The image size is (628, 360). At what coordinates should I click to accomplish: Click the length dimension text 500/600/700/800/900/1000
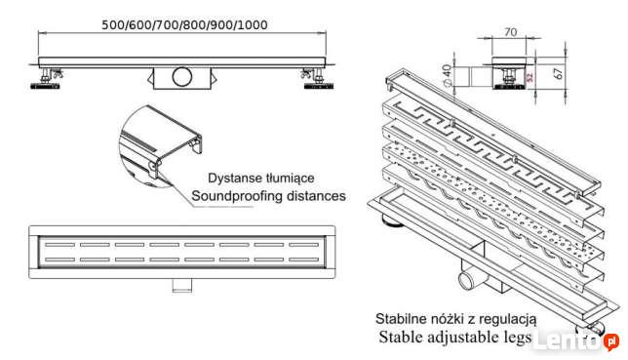pos(184,25)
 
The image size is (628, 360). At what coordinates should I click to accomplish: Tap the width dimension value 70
pos(511,31)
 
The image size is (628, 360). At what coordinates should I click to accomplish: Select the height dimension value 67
pos(559,72)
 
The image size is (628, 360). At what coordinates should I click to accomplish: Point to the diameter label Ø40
pos(448,75)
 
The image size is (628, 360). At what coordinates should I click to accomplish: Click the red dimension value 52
pos(530,77)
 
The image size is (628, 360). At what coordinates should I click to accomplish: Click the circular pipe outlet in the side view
pos(182,76)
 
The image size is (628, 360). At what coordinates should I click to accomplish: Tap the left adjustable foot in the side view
pos(46,79)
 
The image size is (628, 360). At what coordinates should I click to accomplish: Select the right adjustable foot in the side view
pos(318,79)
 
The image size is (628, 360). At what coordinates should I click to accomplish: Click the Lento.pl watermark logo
pos(576,341)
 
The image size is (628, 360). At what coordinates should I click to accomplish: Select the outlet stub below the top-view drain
pos(181,285)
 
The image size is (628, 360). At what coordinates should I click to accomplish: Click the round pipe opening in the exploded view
pos(467,280)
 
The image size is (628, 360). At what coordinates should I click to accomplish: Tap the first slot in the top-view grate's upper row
pos(59,245)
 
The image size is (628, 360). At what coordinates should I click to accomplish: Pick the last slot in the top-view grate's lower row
pos(304,260)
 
